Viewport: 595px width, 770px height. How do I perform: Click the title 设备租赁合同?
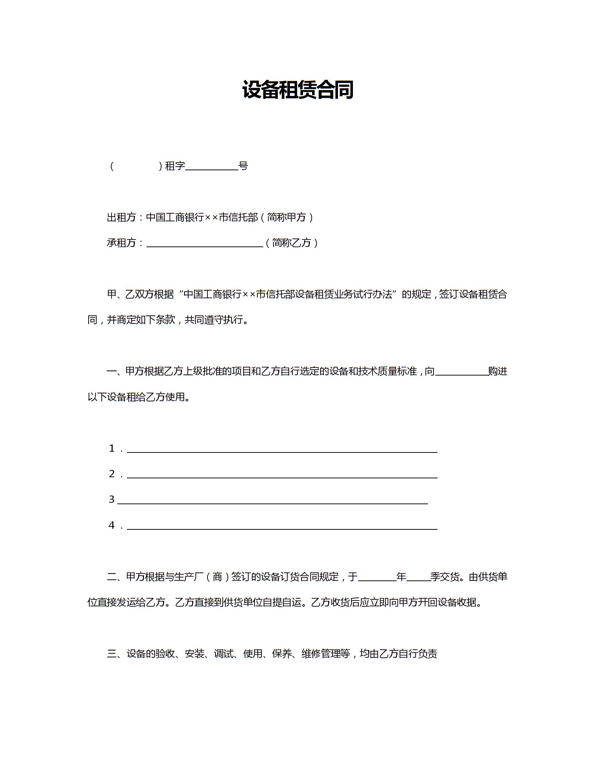(297, 90)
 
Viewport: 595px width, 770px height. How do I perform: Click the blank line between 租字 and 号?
(211, 168)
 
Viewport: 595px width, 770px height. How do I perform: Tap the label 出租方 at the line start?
(121, 217)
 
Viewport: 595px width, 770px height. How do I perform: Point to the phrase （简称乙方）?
(292, 243)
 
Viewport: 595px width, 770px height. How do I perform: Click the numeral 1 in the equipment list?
(112, 448)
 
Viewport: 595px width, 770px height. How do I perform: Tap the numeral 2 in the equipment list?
(112, 474)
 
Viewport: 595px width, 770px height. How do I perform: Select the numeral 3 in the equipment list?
(112, 499)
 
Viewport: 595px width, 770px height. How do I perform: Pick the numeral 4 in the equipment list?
(112, 525)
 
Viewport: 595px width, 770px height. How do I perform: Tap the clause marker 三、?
(116, 654)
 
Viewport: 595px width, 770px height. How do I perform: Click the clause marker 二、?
(116, 577)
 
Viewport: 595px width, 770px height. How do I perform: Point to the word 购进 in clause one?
(498, 371)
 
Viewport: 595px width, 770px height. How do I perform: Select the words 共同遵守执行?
(214, 320)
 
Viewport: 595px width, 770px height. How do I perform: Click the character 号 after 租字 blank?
(243, 166)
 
